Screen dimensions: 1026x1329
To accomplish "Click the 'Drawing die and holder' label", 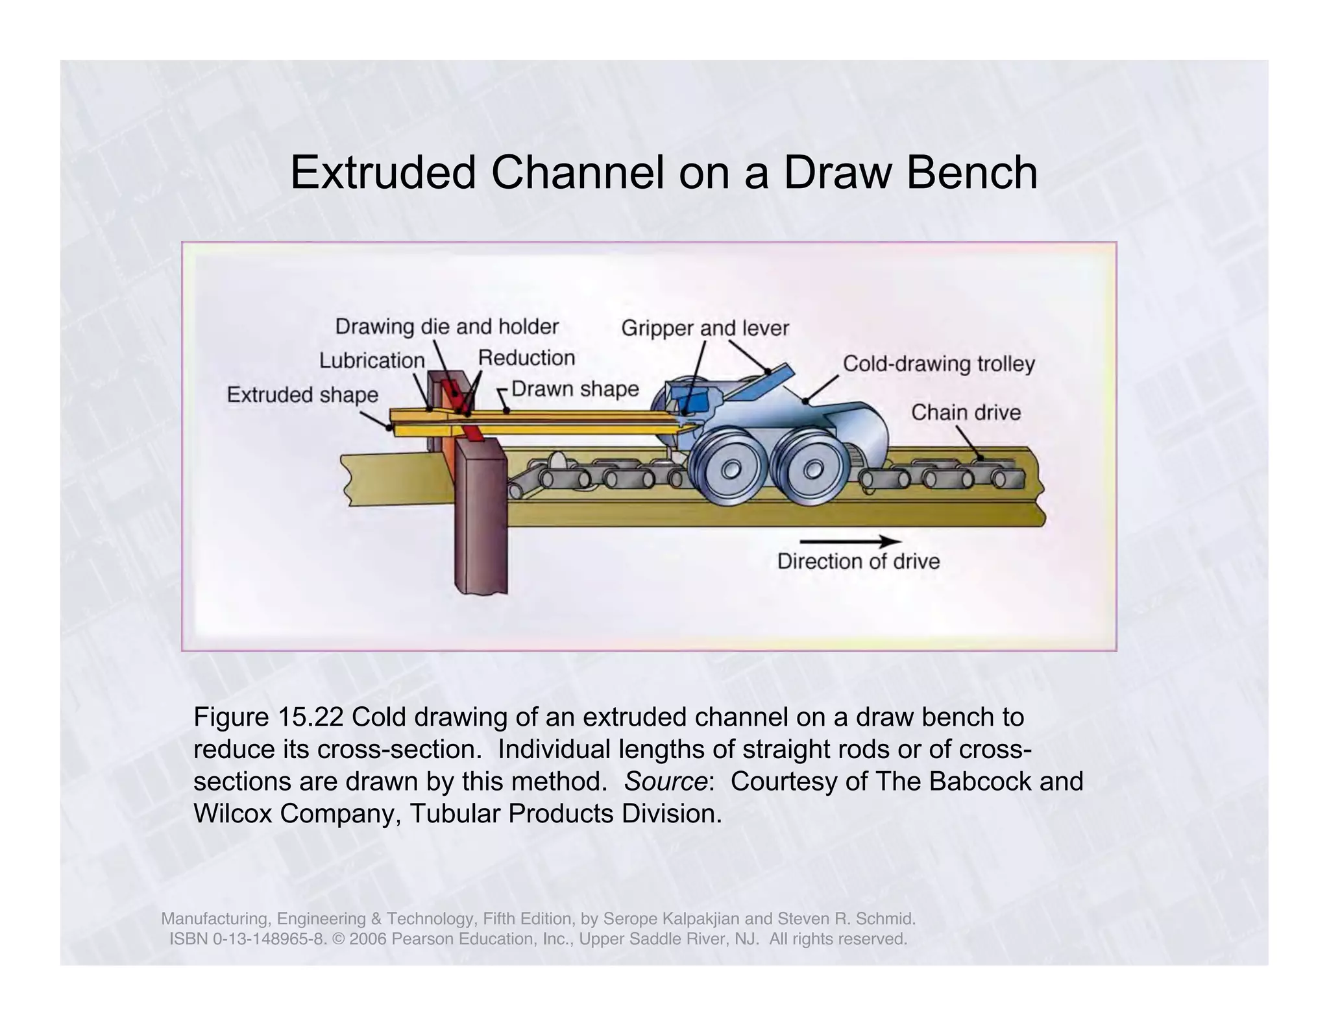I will (446, 326).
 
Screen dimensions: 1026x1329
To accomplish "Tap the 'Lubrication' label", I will (372, 361).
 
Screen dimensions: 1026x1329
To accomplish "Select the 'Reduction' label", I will (526, 358).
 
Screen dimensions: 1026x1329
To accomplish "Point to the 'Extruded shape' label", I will (302, 394).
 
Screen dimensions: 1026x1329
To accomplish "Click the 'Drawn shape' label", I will (575, 389).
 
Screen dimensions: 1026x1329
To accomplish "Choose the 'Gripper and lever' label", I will (705, 328).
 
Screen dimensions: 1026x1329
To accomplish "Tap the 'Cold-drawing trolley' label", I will (938, 364).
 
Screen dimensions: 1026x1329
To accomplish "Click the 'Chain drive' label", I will (966, 412).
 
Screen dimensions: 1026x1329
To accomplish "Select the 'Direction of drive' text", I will (859, 561).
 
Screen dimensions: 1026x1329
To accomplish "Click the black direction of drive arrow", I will (850, 541).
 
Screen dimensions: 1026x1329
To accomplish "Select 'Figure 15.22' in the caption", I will (269, 718).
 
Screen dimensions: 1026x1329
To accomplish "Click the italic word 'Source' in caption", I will (664, 781).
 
